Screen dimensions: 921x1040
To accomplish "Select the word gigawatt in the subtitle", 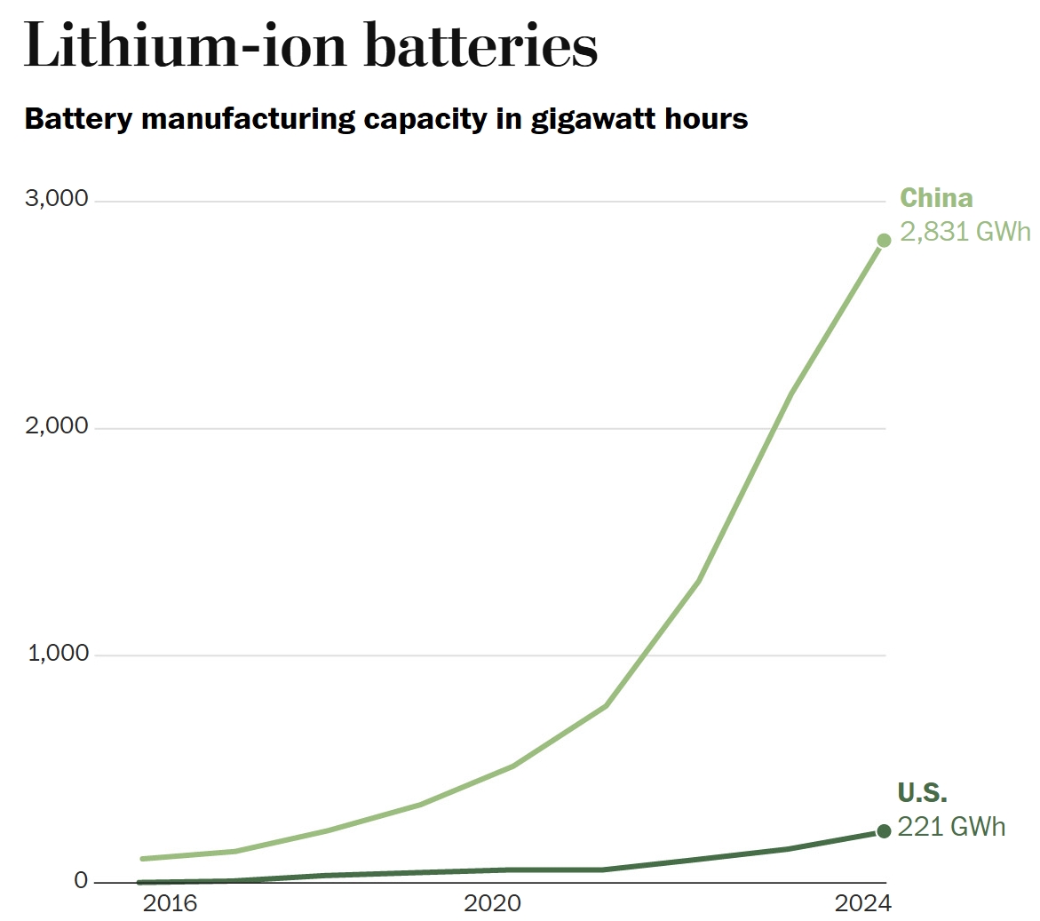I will [x=589, y=119].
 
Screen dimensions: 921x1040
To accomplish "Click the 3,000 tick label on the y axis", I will [x=57, y=199].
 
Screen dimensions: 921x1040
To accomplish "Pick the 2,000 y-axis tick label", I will [x=57, y=426].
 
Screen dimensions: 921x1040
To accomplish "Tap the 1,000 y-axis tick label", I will [x=57, y=654].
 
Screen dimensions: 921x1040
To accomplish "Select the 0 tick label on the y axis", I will [x=82, y=880].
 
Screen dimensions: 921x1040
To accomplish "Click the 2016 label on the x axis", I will [x=170, y=904].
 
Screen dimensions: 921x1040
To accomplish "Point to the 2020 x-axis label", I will [x=492, y=904].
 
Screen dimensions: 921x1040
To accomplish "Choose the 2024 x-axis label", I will [x=861, y=904].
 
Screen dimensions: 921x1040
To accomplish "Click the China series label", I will [x=936, y=198].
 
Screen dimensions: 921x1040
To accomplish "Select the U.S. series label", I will [x=923, y=793].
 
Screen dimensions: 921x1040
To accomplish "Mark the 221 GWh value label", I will [x=952, y=827].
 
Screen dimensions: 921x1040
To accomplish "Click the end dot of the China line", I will [x=884, y=241].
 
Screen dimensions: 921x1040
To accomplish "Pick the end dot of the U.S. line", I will [x=884, y=831].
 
